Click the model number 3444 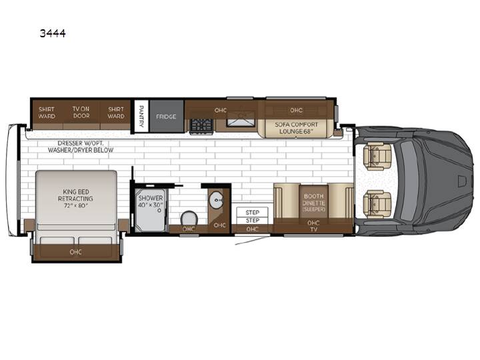(53, 33)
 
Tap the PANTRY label (141, 116)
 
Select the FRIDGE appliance (166, 116)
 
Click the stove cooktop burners (201, 126)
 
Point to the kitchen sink (241, 119)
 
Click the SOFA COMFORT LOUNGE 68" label (296, 128)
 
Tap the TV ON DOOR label (81, 113)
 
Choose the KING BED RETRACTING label (75, 199)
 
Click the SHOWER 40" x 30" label (151, 201)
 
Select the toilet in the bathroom (189, 219)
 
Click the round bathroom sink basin (217, 200)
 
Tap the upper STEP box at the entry (252, 212)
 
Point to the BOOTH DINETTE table (313, 202)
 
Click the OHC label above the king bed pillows (75, 252)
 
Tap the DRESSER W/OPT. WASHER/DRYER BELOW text (81, 147)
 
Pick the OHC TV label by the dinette (313, 226)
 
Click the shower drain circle (159, 211)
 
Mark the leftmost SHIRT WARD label (47, 113)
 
